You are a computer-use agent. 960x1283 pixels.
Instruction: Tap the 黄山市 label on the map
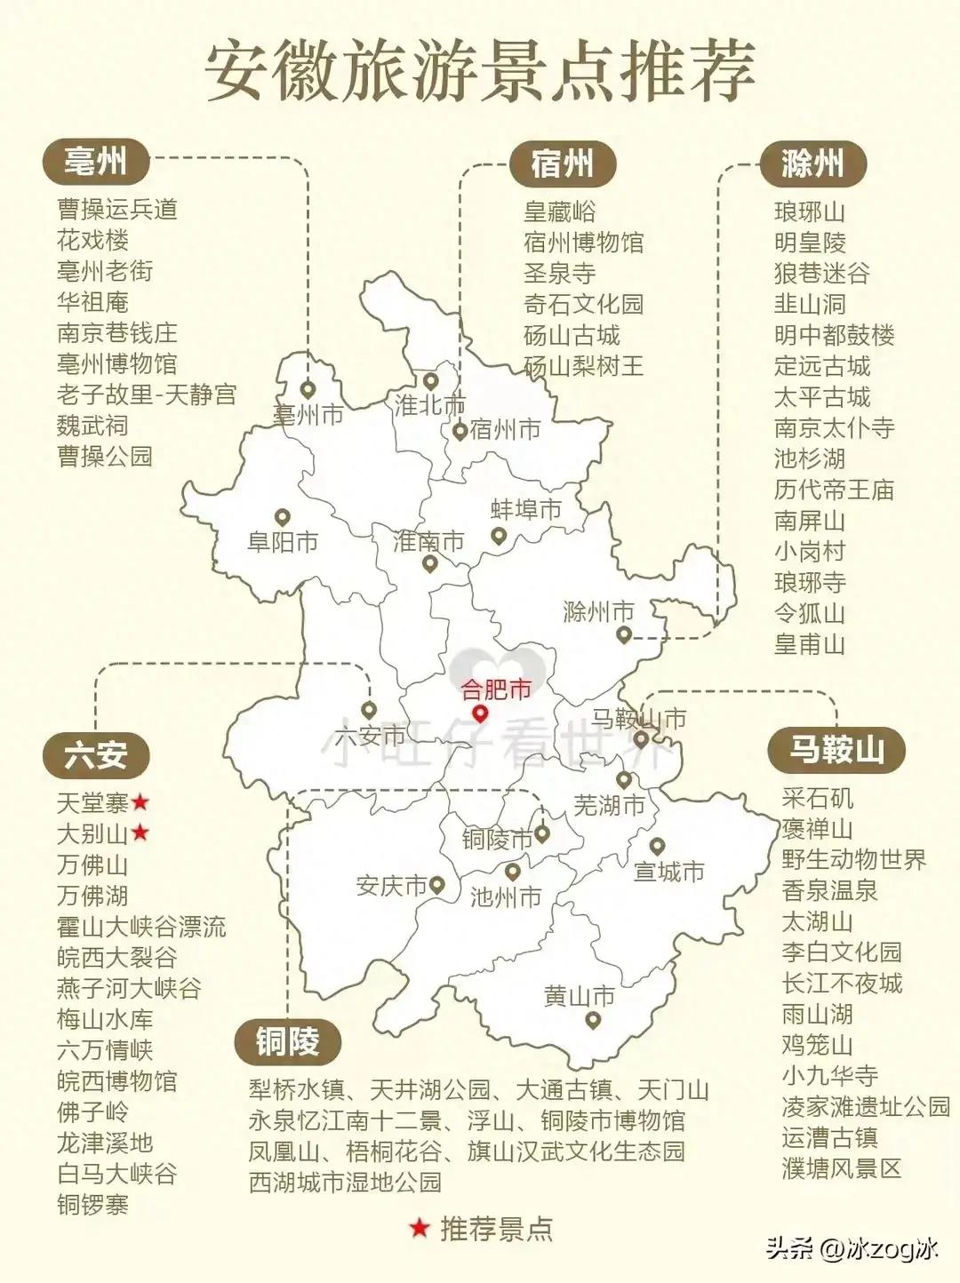tap(580, 996)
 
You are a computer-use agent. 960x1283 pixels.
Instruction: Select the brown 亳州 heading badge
tap(95, 162)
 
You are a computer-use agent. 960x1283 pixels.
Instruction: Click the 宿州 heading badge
tap(562, 163)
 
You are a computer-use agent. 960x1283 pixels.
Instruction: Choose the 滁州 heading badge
tap(812, 163)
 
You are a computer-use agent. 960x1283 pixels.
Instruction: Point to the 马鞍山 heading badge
tap(836, 749)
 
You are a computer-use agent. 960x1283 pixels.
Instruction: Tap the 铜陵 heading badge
tap(287, 1040)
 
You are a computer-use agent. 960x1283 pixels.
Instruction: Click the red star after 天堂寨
tap(140, 803)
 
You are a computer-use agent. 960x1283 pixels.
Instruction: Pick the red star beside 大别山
tap(140, 833)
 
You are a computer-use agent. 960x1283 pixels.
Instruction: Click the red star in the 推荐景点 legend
tap(419, 1229)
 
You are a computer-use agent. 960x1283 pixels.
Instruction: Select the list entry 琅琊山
tap(809, 212)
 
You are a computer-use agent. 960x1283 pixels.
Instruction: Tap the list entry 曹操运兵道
tap(117, 209)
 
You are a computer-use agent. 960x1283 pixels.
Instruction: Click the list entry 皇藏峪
tap(560, 211)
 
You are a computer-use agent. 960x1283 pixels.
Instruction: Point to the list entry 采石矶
tap(817, 798)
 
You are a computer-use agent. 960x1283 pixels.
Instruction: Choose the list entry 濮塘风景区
tap(841, 1168)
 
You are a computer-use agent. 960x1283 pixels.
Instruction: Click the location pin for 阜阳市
tap(283, 517)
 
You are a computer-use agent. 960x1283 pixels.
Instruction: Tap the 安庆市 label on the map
tap(392, 886)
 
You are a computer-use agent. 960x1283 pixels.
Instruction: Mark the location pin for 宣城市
tap(657, 846)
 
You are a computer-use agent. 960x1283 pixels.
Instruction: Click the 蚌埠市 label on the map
tap(526, 510)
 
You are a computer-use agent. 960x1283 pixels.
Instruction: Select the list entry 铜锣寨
tap(92, 1205)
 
